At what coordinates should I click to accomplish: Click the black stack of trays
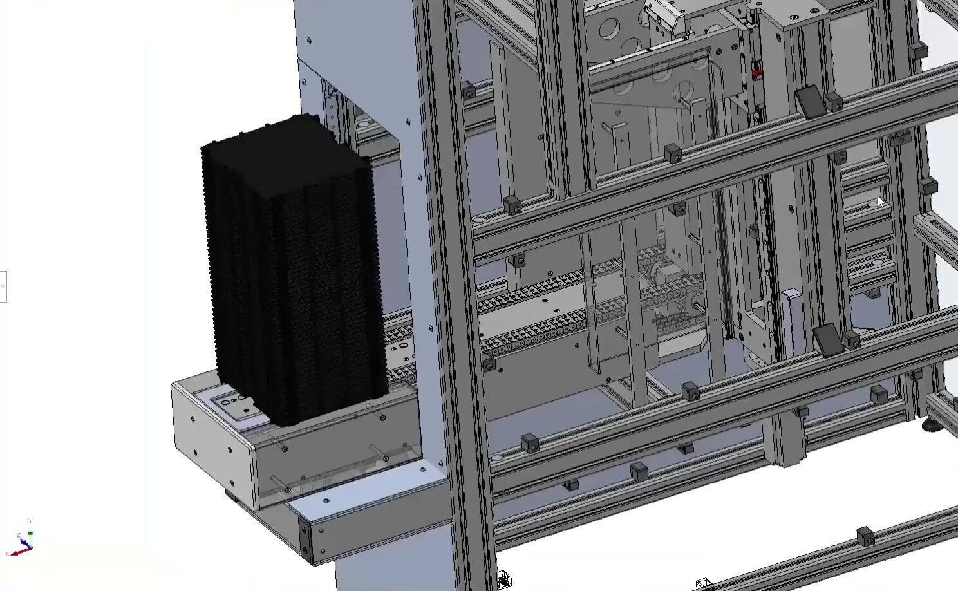click(x=293, y=270)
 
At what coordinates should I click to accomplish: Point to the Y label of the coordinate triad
click(x=30, y=521)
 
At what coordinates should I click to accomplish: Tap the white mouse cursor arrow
click(x=881, y=202)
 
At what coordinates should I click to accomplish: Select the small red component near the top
click(x=757, y=74)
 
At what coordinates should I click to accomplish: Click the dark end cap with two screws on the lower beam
click(x=305, y=536)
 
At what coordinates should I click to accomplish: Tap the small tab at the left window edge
click(x=3, y=286)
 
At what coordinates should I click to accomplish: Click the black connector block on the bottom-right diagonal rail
click(x=865, y=536)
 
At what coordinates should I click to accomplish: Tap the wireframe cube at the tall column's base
click(x=505, y=577)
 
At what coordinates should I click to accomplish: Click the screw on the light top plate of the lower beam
click(x=325, y=500)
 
